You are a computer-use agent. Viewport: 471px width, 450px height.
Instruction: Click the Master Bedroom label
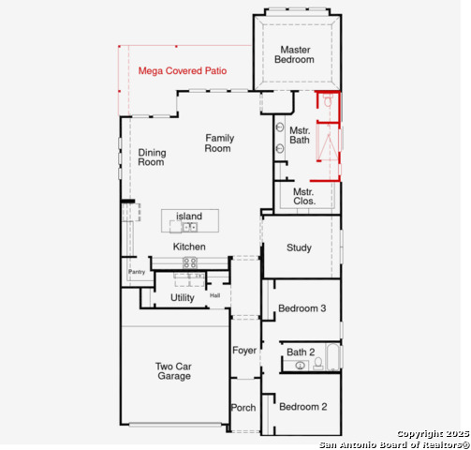[294, 54]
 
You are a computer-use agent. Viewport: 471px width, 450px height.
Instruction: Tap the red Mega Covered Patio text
[183, 71]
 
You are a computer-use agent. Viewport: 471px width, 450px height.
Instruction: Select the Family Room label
[219, 143]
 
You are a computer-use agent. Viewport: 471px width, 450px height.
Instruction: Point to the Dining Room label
[152, 157]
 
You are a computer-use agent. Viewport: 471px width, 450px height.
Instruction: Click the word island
[189, 216]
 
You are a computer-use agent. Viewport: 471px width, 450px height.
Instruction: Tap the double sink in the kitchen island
[189, 227]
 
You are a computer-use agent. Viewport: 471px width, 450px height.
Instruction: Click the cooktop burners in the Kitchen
[190, 262]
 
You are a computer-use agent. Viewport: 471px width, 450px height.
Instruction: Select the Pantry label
[137, 272]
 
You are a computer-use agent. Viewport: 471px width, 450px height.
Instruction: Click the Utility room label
[183, 298]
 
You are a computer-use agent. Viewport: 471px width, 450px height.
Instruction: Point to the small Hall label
[214, 295]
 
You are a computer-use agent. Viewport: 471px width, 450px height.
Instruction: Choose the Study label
[299, 247]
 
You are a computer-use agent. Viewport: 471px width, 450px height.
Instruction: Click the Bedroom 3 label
[302, 308]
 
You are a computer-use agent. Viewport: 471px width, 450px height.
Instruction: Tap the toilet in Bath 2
[318, 364]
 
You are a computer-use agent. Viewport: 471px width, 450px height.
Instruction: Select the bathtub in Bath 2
[332, 357]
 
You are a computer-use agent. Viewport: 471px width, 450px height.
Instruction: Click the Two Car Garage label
[174, 371]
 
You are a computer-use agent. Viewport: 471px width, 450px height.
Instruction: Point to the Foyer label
[244, 351]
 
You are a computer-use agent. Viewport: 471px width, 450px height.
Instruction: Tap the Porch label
[243, 408]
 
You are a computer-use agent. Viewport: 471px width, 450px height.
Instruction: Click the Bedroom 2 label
[303, 407]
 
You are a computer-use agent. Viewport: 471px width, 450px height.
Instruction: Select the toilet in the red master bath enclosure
[328, 100]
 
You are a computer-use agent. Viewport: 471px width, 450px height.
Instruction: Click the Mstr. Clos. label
[304, 196]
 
